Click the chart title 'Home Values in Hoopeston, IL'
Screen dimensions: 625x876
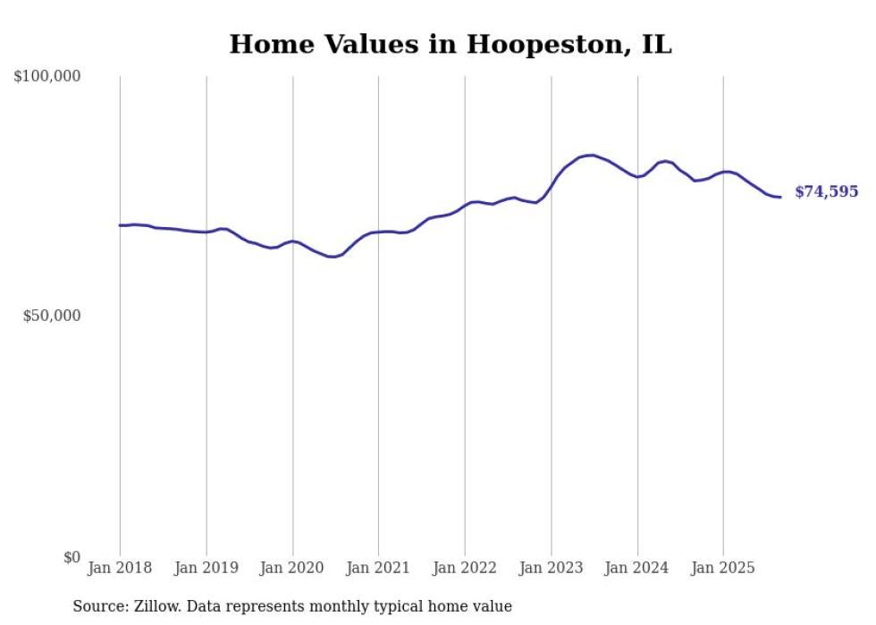pos(450,44)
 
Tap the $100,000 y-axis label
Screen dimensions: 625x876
pos(47,77)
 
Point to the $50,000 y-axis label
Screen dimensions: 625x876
pos(52,317)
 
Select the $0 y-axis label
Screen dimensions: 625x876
pos(72,557)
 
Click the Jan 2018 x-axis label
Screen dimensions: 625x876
pos(120,568)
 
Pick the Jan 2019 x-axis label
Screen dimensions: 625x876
pos(206,568)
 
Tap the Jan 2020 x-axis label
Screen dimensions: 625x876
pos(292,568)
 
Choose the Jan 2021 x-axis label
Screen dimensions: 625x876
pos(378,568)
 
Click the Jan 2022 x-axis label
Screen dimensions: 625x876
pos(465,568)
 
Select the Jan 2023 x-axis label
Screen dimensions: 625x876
pos(551,568)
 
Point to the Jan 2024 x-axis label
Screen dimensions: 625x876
pos(637,568)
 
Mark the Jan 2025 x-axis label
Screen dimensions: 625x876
pos(723,568)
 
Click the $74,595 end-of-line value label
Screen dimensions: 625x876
pos(826,192)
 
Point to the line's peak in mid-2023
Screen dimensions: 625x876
pos(592,155)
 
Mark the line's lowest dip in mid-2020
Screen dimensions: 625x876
pos(333,257)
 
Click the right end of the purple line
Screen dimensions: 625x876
pos(780,197)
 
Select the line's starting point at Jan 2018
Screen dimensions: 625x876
pos(120,225)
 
